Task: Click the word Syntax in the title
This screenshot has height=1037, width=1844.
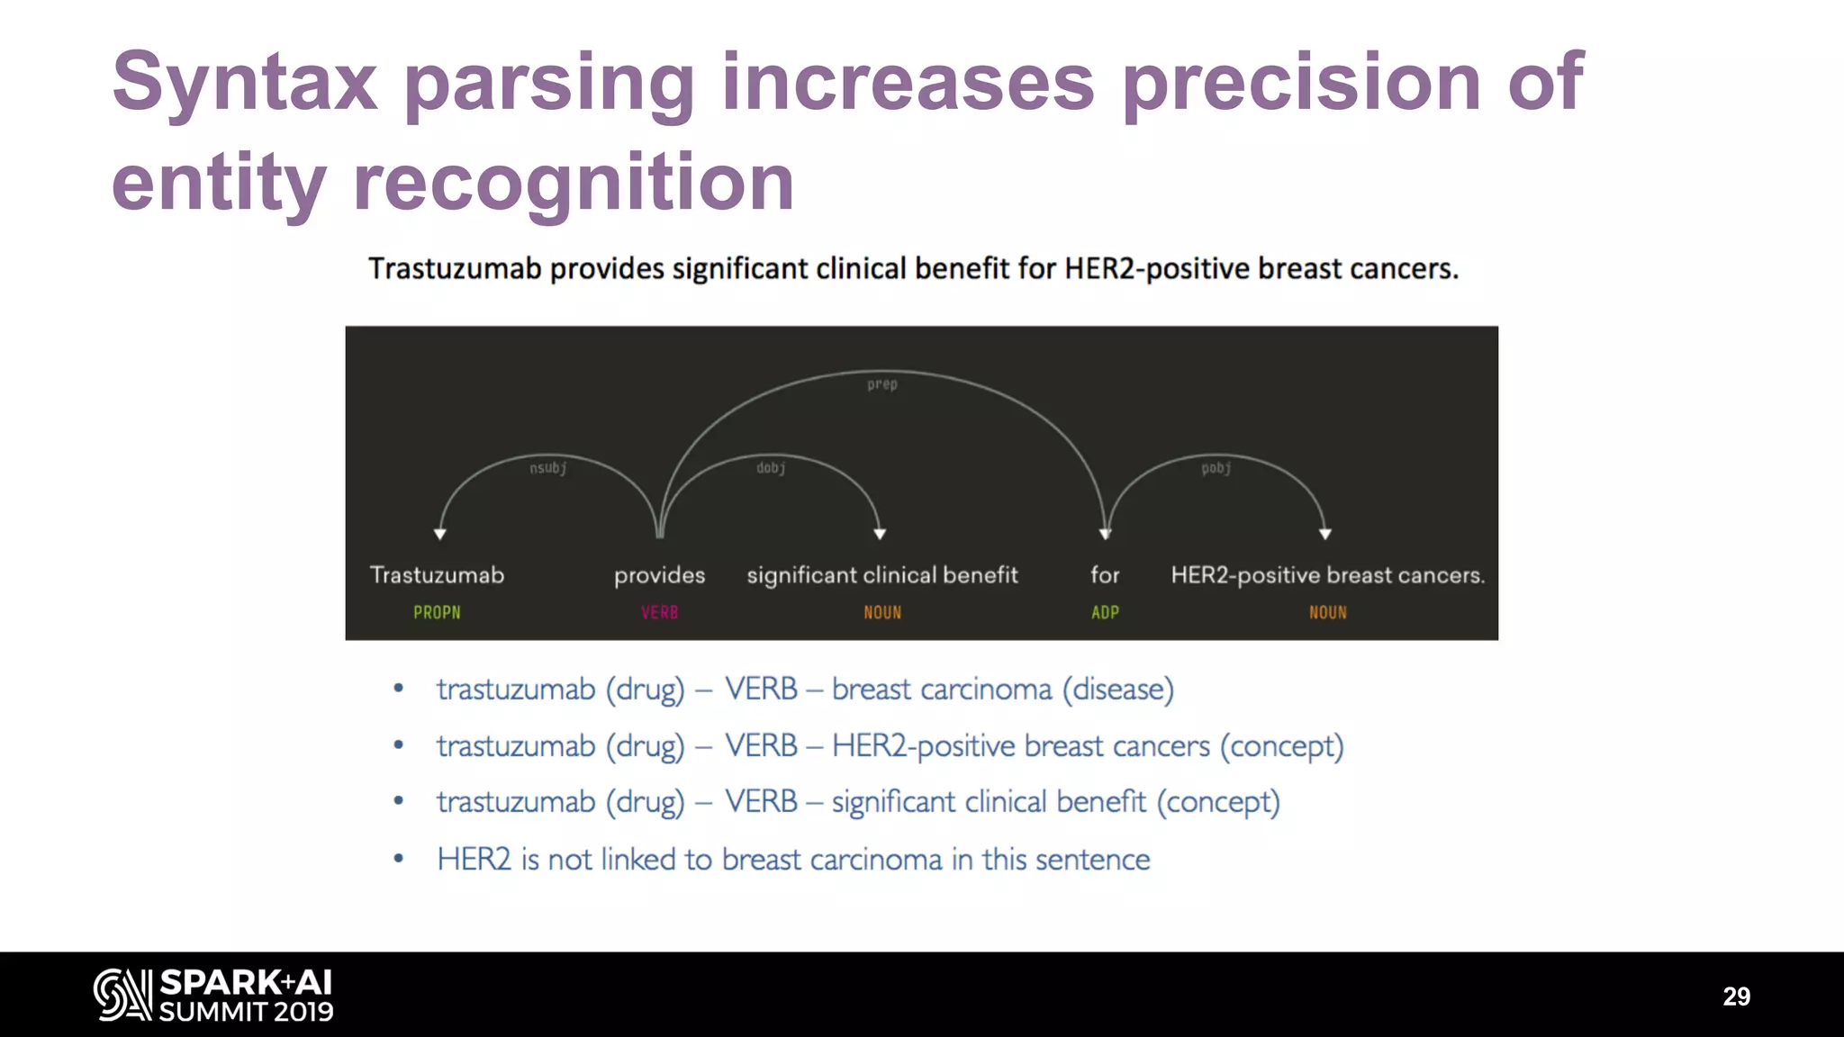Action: click(244, 83)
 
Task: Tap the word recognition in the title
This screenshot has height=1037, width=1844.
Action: click(574, 183)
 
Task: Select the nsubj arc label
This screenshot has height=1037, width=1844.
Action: click(547, 468)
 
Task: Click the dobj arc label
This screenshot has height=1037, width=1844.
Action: click(771, 468)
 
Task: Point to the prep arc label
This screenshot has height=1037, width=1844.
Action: click(882, 384)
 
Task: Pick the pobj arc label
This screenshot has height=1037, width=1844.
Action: click(1216, 468)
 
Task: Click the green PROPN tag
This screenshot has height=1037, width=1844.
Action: click(437, 613)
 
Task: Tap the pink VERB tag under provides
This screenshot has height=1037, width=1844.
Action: click(659, 613)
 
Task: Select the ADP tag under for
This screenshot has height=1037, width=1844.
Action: click(1105, 613)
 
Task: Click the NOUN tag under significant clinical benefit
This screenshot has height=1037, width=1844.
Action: click(882, 613)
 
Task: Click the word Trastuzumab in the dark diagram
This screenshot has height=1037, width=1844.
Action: click(437, 575)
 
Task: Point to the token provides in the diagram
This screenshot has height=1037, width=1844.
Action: click(659, 575)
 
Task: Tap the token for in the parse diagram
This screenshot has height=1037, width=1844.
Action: click(1105, 575)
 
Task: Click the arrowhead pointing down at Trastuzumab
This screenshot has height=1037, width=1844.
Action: click(440, 534)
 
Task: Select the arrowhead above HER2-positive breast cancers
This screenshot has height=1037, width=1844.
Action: click(1325, 534)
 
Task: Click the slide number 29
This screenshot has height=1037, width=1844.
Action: click(1736, 996)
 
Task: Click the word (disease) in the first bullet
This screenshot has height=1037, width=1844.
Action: click(1117, 690)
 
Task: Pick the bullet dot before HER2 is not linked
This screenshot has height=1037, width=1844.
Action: click(398, 859)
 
